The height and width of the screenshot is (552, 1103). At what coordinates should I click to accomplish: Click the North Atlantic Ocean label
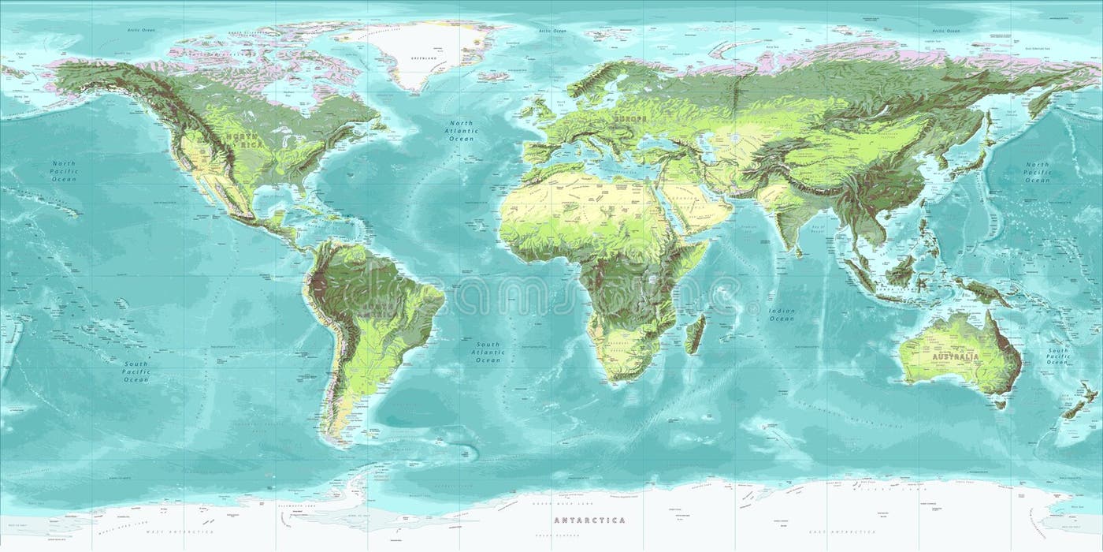coord(461,131)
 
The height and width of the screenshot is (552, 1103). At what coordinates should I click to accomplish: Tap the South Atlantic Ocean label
coord(488,352)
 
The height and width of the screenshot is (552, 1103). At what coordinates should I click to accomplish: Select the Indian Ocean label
coord(782,315)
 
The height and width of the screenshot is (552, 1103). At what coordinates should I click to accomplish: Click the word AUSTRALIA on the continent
coord(956,357)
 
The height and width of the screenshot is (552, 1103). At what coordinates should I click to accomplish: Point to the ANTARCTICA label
coord(589,520)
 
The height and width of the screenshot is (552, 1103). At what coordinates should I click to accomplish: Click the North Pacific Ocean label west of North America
coord(64,171)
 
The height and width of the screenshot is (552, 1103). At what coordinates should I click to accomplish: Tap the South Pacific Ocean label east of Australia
coord(1057,356)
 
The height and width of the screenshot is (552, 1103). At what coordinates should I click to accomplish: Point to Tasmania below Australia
coord(1000,404)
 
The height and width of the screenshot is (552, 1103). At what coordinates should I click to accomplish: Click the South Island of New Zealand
coord(1071,410)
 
